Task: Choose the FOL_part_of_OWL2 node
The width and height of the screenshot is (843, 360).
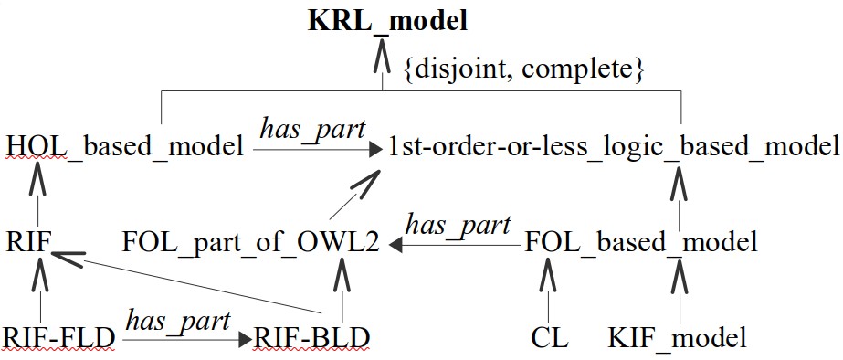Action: coord(251,242)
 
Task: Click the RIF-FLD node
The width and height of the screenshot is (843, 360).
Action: coord(59,339)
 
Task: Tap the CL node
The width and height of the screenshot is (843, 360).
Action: coord(549,339)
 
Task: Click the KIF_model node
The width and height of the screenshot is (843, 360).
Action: coord(677,339)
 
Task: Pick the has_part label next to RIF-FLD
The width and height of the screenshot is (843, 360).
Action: coord(178,320)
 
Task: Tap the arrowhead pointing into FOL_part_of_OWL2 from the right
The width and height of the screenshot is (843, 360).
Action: coord(395,244)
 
